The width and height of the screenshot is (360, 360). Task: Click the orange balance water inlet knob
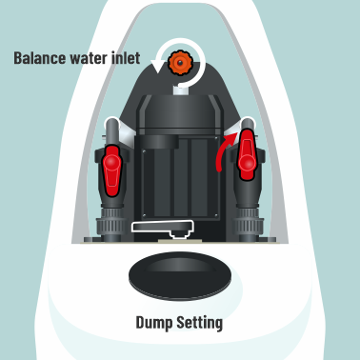click(180, 63)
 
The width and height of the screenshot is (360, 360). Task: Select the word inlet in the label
click(126, 58)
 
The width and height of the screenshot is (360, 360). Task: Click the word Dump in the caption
click(154, 323)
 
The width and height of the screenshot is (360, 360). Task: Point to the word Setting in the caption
click(200, 323)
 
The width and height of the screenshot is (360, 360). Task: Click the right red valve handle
click(247, 154)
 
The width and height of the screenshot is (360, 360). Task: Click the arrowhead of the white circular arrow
click(156, 66)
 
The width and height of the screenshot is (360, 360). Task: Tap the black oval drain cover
click(180, 275)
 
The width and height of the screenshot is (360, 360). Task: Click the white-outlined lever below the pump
click(163, 228)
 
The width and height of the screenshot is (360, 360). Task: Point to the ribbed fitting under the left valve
click(111, 225)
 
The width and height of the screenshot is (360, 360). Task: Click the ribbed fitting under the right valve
click(249, 225)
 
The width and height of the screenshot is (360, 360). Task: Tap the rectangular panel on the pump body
click(180, 184)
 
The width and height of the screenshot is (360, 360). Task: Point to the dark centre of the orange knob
click(180, 63)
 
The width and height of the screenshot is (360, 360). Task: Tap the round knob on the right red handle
click(248, 163)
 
